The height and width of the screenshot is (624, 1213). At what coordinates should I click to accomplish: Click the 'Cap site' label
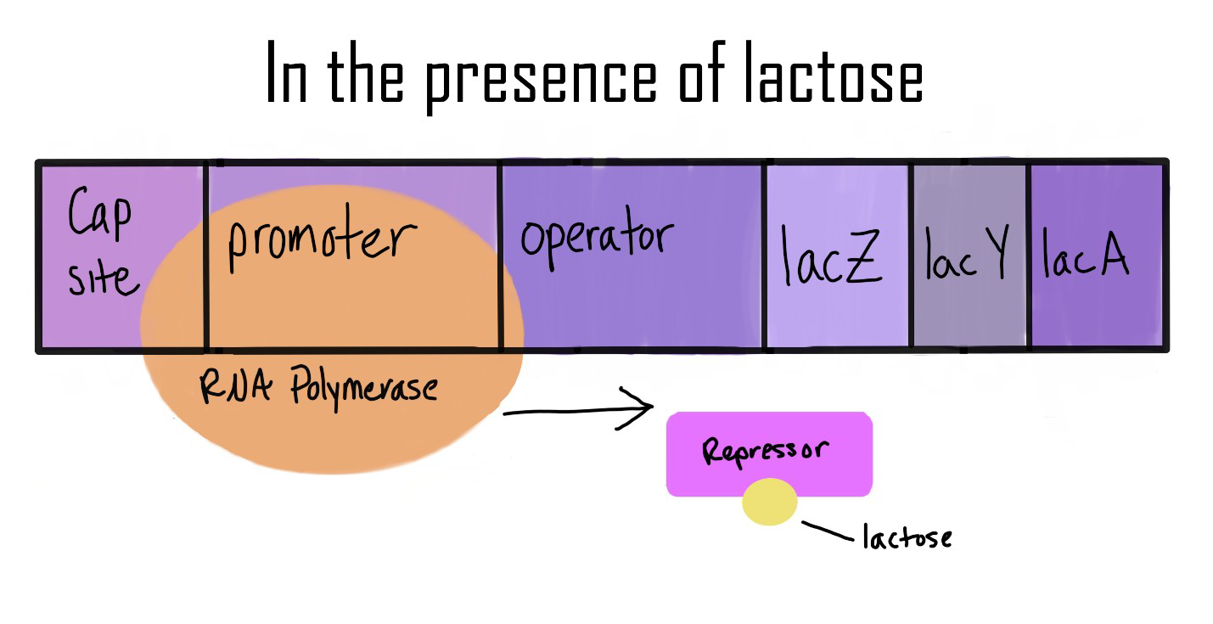(101, 245)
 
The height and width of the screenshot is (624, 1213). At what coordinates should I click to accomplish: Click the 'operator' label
(597, 238)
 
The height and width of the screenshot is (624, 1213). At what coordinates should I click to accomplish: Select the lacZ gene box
(837, 255)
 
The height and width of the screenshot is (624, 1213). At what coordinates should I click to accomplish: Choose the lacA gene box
(1095, 255)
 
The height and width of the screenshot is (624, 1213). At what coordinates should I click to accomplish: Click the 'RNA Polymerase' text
(319, 389)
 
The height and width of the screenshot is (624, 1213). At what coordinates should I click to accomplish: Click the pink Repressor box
(769, 454)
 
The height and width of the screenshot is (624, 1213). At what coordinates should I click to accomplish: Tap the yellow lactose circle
(770, 502)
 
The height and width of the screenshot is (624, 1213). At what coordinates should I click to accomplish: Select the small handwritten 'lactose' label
(907, 537)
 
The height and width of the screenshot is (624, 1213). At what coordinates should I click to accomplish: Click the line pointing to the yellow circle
(828, 531)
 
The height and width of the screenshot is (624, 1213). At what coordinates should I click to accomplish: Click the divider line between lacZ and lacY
(910, 255)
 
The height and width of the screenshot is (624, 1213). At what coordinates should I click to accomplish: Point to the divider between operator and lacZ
(764, 255)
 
